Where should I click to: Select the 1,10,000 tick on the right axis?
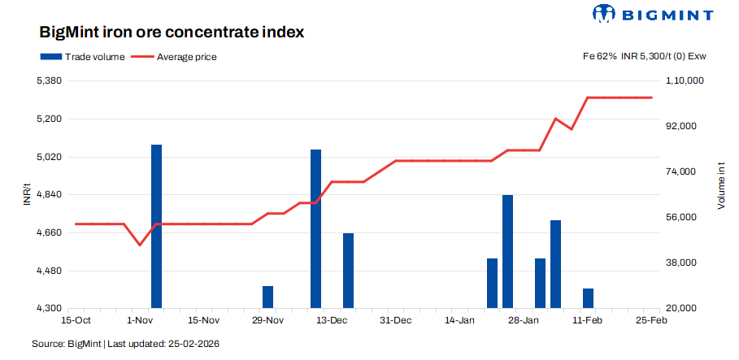(685, 81)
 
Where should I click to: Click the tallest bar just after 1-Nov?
(156, 227)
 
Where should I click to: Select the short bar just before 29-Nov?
(267, 297)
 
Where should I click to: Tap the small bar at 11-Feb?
(588, 298)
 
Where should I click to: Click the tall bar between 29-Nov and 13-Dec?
(316, 229)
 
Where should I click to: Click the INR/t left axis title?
(27, 195)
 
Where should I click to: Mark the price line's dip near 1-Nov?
(140, 245)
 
